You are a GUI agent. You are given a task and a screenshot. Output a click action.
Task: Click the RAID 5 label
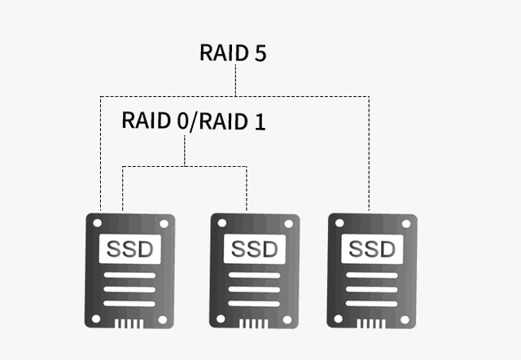[x=233, y=53]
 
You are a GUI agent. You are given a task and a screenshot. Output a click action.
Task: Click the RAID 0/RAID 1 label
[x=193, y=121]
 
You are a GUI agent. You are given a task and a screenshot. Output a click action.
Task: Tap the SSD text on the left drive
[x=129, y=248]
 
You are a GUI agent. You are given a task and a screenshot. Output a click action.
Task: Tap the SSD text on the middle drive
[x=255, y=248]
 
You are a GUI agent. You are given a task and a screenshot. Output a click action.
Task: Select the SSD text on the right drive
[x=373, y=248]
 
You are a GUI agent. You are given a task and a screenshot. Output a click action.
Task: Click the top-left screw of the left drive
[x=96, y=223]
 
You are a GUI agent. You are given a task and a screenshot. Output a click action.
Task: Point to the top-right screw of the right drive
[x=405, y=223]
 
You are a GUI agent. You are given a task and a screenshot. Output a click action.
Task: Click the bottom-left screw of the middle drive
[x=221, y=318]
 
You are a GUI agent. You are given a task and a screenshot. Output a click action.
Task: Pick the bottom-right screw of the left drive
[x=163, y=318]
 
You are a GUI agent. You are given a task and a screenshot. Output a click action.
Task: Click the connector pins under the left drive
[x=129, y=323]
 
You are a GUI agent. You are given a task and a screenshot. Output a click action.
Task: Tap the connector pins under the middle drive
[x=255, y=323]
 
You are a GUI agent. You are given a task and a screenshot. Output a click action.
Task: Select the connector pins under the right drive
[x=373, y=323]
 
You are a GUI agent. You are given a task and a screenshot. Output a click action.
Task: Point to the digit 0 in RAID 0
[x=182, y=121]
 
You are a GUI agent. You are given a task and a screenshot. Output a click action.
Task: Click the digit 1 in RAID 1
[x=259, y=121]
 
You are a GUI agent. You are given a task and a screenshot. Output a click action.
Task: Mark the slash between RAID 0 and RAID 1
[x=192, y=121]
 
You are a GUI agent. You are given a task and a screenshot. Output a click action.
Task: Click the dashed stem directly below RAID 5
[x=234, y=81]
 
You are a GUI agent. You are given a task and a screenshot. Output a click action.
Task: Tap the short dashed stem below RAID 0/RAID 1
[x=185, y=151]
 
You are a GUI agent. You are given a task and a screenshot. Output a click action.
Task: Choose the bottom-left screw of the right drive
[x=339, y=318]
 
